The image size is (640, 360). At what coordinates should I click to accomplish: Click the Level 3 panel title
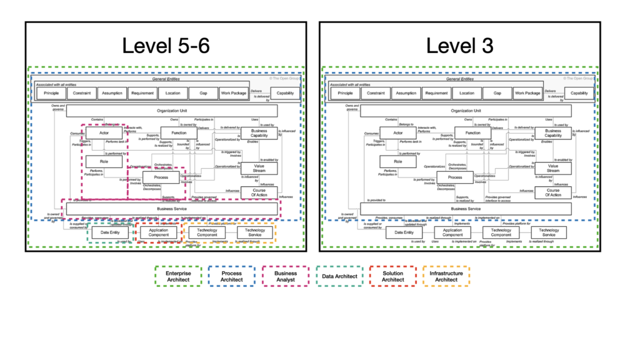click(459, 45)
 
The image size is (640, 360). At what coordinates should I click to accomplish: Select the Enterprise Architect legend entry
click(178, 276)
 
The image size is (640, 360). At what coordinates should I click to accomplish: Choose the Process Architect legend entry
click(232, 276)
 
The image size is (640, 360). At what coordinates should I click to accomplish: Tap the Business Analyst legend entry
click(286, 276)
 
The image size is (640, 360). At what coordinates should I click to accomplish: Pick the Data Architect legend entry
click(339, 276)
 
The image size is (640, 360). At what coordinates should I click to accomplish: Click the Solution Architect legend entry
click(392, 276)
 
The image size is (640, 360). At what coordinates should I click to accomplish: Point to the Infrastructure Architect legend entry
click(446, 276)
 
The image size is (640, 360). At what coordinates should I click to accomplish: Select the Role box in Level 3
click(398, 161)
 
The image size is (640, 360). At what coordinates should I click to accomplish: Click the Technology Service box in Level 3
click(549, 232)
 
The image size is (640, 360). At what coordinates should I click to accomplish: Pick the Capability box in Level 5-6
click(286, 93)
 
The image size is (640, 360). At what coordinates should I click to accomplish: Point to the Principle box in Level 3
click(346, 93)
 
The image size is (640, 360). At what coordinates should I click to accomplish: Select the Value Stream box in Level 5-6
click(259, 167)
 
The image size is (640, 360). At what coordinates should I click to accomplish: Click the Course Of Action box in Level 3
click(553, 192)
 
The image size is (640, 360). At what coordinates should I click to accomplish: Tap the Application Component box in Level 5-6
click(159, 233)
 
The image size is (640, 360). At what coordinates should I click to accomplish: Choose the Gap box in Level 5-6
click(203, 93)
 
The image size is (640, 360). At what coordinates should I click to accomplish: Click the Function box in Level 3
click(472, 132)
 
